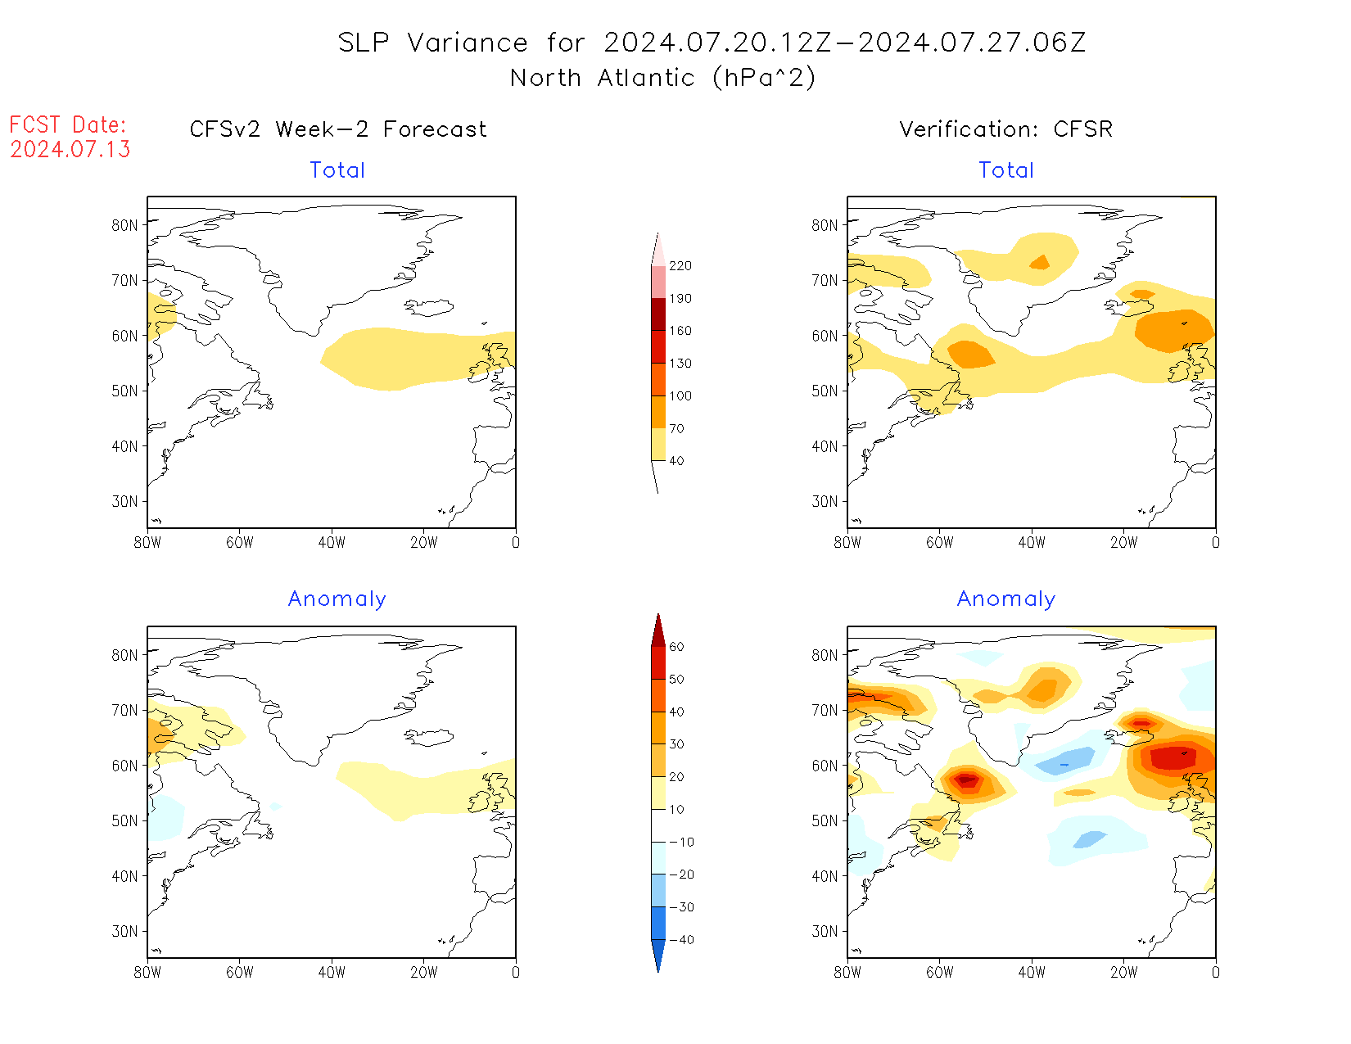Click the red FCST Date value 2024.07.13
[x=70, y=149]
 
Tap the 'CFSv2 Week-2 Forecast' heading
[x=338, y=129]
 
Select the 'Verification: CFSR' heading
[x=1006, y=129]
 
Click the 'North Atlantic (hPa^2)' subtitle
[x=662, y=78]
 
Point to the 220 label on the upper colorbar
[x=680, y=266]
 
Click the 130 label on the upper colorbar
[x=680, y=364]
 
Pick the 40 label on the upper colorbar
[x=676, y=461]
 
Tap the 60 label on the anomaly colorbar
[x=676, y=647]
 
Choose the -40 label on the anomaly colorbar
[x=681, y=940]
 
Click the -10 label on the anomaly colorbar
[x=681, y=842]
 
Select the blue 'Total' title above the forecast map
[x=337, y=170]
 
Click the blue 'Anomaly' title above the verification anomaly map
[x=1006, y=599]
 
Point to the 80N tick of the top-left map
[x=124, y=225]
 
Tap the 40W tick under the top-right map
[x=1032, y=542]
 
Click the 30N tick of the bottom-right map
[x=825, y=931]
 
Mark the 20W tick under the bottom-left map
[x=423, y=973]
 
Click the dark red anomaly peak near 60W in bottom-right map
[x=967, y=780]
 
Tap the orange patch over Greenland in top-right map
[x=1040, y=262]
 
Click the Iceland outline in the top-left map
[x=429, y=307]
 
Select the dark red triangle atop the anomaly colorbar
[x=658, y=630]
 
